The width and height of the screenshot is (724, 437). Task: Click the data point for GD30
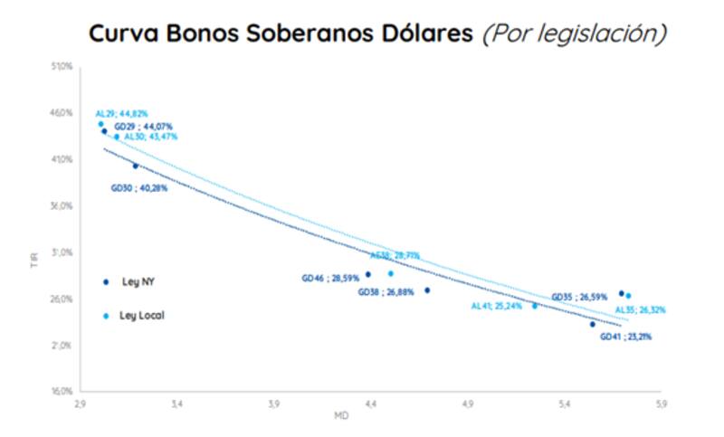(x=136, y=166)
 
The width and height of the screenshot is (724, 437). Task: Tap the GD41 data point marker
(x=593, y=324)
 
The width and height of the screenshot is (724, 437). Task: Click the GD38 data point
(x=427, y=290)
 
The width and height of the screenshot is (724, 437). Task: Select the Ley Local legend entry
(x=141, y=316)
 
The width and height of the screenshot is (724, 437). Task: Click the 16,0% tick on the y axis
(x=62, y=393)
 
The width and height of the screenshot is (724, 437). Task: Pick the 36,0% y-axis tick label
(x=62, y=206)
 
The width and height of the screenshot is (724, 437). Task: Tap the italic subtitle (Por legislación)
(x=575, y=33)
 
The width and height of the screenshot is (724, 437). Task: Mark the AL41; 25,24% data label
(x=498, y=306)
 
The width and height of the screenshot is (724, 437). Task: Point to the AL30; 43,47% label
(x=150, y=136)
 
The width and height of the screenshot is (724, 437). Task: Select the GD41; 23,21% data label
(x=625, y=337)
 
